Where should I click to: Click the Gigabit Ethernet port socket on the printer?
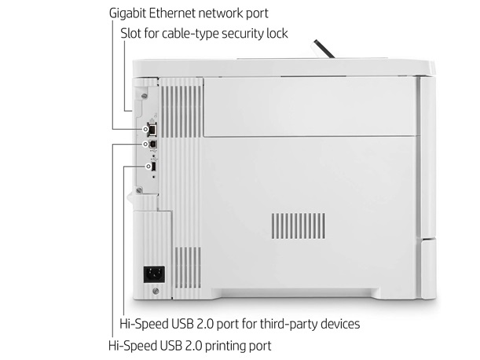click(152, 129)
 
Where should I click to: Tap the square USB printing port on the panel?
click(152, 144)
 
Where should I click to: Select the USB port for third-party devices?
click(154, 167)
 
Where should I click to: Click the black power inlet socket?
click(154, 274)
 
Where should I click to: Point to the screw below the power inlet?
click(156, 291)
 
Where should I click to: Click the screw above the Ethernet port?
click(145, 96)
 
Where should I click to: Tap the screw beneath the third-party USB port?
click(139, 190)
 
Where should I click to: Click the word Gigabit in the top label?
click(127, 13)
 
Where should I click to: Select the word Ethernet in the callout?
click(172, 13)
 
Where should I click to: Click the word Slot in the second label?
click(130, 33)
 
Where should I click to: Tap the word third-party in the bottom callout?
click(280, 324)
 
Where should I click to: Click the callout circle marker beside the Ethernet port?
click(145, 129)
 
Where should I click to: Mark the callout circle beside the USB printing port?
click(145, 144)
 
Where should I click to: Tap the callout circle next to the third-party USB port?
click(148, 167)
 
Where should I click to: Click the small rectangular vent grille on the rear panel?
click(299, 226)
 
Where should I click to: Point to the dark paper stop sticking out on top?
click(322, 49)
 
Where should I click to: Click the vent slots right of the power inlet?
click(188, 268)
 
